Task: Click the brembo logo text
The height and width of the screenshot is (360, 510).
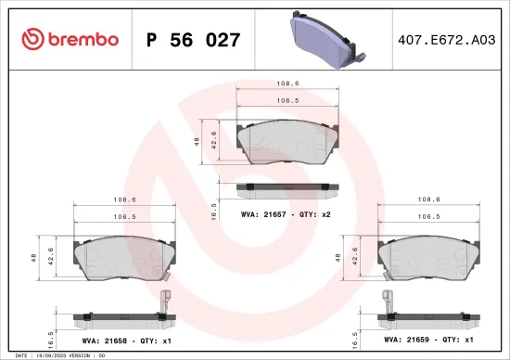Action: click(x=80, y=40)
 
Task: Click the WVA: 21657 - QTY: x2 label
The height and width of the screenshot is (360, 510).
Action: click(x=286, y=214)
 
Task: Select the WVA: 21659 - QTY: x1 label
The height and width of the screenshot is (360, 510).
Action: click(x=427, y=341)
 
